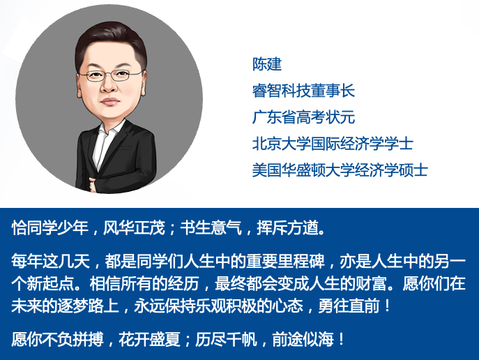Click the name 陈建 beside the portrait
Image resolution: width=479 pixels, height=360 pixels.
point(266,64)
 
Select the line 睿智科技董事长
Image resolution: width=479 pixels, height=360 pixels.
point(303,91)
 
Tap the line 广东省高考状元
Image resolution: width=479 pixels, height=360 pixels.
point(303,117)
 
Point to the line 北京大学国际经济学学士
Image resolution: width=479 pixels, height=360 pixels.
point(333,144)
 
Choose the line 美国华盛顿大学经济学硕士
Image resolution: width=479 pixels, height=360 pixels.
point(340,170)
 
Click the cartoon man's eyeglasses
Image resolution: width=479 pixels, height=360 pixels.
point(112,75)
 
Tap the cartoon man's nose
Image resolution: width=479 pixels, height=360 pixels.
point(109,87)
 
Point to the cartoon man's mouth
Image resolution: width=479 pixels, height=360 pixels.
point(109,101)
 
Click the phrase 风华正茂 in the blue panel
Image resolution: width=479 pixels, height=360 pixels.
point(134,228)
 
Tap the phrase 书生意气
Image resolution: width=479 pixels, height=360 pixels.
point(211,228)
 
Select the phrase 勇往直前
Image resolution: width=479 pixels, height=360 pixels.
point(349,306)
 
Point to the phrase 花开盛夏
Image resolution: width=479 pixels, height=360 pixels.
point(150,340)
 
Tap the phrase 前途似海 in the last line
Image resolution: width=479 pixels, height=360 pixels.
point(303,340)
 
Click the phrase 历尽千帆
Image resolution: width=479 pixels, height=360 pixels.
point(226,340)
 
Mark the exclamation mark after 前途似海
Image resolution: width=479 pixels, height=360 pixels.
point(341,340)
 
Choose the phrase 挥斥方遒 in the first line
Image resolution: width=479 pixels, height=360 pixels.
point(287,228)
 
